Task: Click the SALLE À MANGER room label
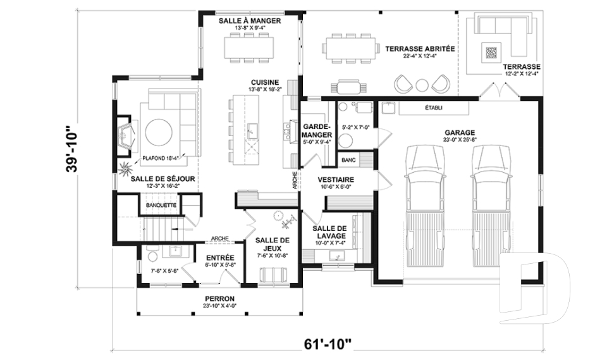250,21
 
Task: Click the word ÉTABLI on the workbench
434,108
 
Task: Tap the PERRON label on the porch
220,299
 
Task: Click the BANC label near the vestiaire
348,161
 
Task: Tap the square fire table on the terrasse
491,52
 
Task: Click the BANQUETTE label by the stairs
161,206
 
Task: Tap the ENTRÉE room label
221,258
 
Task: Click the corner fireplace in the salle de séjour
126,136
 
